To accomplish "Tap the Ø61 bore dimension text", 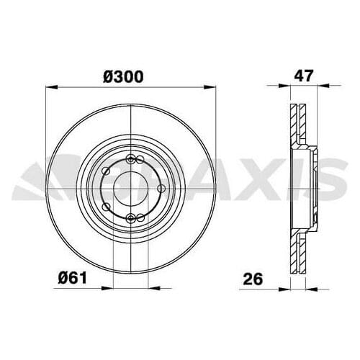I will (73, 276).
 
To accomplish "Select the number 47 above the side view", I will (302, 74).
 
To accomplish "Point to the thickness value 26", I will (251, 276).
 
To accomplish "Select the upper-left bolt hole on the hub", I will (107, 171).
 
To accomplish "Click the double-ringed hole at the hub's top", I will (130, 160).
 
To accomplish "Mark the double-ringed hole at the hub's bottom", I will (130, 217).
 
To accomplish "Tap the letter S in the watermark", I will (344, 180).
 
